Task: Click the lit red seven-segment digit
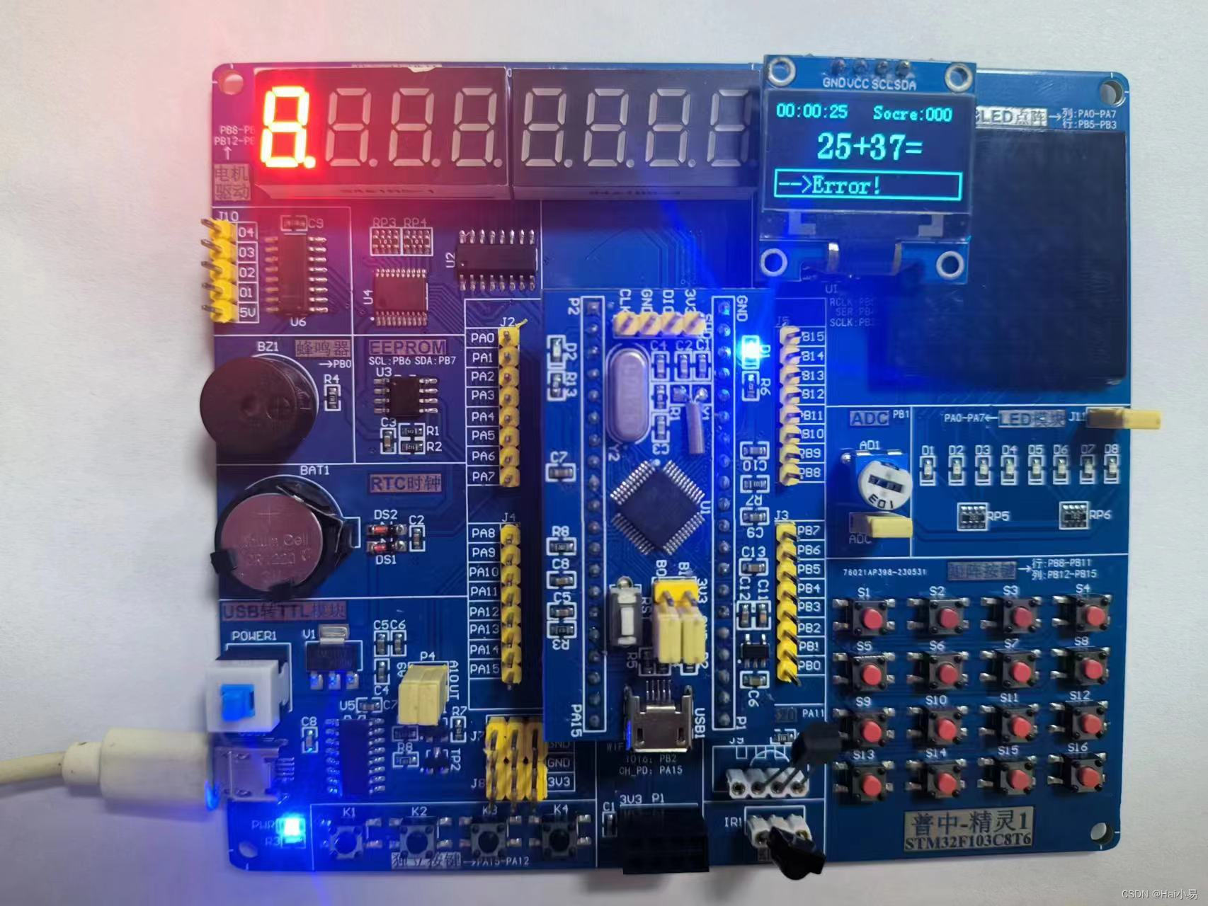tap(285, 126)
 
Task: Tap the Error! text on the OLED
tap(846, 186)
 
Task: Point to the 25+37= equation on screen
tap(869, 147)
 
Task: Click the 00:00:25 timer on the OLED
tap(811, 111)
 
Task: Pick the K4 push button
tap(560, 839)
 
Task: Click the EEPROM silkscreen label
tap(407, 348)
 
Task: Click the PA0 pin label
tap(482, 338)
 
